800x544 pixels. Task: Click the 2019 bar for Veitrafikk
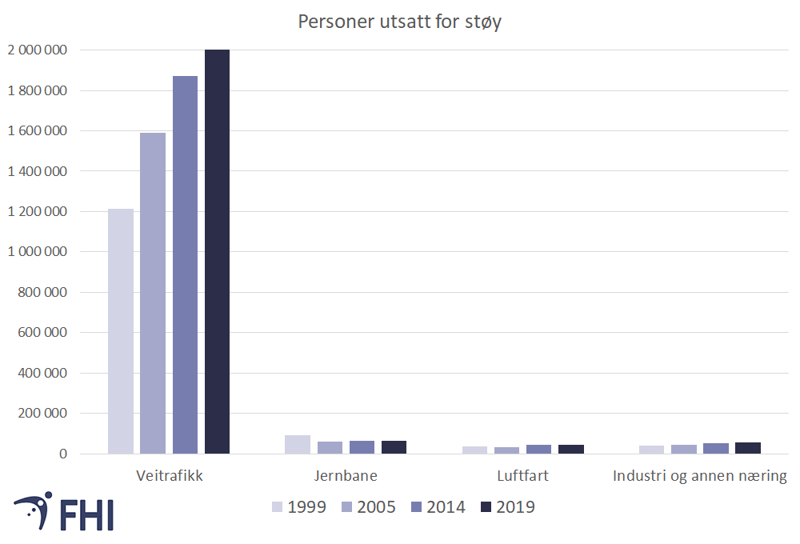coord(217,252)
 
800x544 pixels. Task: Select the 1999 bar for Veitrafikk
coord(121,331)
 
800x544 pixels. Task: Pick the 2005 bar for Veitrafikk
coord(153,294)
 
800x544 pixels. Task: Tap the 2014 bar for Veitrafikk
coord(185,265)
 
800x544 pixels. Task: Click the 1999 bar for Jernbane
coord(298,445)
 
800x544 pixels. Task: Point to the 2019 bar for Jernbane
coord(394,447)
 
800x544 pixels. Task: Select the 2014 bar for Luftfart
coord(538,449)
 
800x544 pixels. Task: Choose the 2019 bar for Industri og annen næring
coord(747,448)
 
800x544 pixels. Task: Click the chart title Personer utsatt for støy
coord(399,22)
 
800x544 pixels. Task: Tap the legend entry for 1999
coord(299,506)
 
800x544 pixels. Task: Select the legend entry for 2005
coord(369,506)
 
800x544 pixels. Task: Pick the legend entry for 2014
coord(438,506)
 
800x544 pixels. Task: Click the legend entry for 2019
coord(508,506)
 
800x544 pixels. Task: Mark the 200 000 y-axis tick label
coord(42,414)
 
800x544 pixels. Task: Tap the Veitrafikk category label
coord(169,476)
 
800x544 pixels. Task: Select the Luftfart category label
coord(522,476)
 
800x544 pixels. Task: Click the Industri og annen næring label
coord(699,476)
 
